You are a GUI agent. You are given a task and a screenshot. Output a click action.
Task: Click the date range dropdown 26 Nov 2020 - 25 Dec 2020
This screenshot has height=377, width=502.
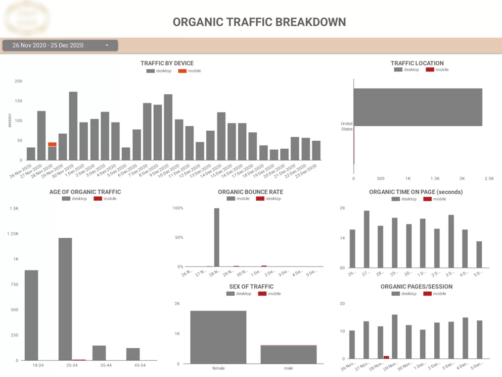[x=60, y=46]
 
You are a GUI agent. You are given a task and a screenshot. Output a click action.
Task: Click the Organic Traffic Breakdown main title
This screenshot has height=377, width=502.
[x=259, y=22]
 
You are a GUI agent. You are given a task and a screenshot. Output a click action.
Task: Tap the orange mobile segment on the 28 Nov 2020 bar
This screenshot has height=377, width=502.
[x=52, y=145]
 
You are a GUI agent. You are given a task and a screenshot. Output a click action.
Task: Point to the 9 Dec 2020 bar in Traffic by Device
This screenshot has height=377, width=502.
[x=168, y=127]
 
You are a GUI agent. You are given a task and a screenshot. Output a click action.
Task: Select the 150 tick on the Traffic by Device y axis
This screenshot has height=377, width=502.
[x=18, y=101]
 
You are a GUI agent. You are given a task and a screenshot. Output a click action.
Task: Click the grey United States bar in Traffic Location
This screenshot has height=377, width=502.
[x=418, y=107]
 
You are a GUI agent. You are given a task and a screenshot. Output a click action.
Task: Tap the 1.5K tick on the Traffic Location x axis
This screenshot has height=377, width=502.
[x=435, y=178]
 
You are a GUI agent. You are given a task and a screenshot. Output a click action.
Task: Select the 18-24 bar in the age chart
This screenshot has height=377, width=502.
[x=31, y=315]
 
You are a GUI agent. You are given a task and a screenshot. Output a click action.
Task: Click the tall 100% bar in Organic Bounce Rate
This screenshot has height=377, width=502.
[x=217, y=237]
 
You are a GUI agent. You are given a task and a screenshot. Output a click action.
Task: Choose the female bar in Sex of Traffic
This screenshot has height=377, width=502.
[x=218, y=337]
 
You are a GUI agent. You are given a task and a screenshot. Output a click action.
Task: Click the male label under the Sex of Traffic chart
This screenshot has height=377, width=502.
[x=288, y=368]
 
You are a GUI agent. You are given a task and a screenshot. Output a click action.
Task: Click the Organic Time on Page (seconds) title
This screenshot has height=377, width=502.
[x=415, y=192]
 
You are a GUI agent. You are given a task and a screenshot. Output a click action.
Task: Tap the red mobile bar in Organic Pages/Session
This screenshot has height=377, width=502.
[x=386, y=357]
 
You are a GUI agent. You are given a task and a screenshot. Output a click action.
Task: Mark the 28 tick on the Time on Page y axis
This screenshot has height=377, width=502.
[x=342, y=208]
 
